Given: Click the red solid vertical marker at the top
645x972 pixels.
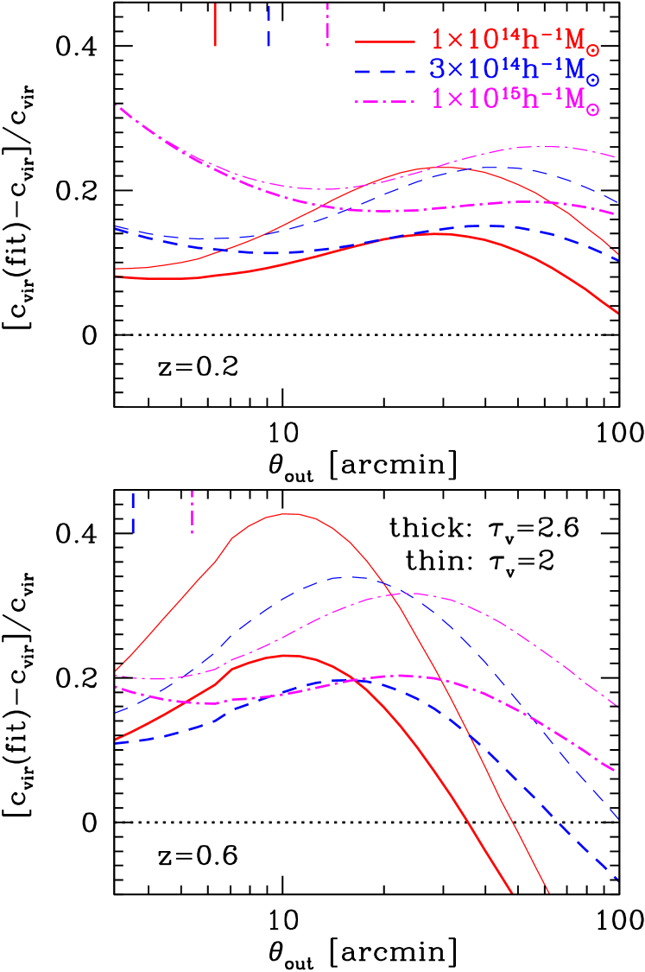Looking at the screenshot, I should click(x=215, y=24).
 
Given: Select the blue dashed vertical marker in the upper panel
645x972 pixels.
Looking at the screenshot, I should click(x=269, y=26).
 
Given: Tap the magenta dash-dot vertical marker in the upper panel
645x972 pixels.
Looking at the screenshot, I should click(x=327, y=24).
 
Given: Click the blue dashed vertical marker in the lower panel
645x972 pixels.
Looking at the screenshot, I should click(x=133, y=512).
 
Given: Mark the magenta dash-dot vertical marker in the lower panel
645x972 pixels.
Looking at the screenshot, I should click(x=192, y=511).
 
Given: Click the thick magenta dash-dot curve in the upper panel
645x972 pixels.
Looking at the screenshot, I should click(x=389, y=210).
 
